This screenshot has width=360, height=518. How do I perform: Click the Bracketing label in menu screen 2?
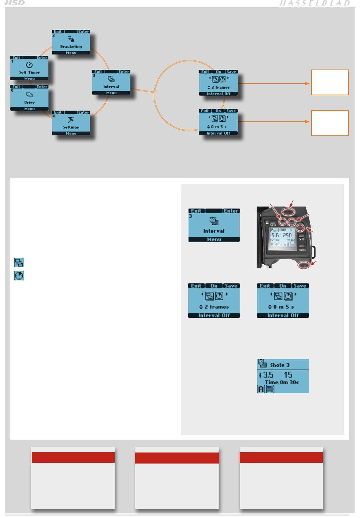pyautogui.click(x=71, y=47)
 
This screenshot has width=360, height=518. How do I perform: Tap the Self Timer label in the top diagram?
pyautogui.click(x=29, y=73)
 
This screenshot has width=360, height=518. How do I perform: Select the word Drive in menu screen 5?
pyautogui.click(x=29, y=103)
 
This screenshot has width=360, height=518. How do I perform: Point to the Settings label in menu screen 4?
pyautogui.click(x=71, y=127)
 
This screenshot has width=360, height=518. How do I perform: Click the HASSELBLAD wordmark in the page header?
pyautogui.click(x=315, y=3)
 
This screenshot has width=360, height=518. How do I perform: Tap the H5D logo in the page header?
pyautogui.click(x=15, y=3)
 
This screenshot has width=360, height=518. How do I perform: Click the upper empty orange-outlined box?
pyautogui.click(x=330, y=83)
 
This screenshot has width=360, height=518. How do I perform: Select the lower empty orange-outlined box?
pyautogui.click(x=330, y=123)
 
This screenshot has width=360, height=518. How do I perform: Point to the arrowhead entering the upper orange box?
pyautogui.click(x=308, y=83)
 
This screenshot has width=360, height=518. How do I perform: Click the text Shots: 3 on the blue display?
pyautogui.click(x=279, y=365)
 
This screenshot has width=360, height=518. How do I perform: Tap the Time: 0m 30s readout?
pyautogui.click(x=282, y=382)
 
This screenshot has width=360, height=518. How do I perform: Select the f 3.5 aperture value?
pyautogui.click(x=266, y=375)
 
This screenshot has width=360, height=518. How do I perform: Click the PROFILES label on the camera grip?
pyautogui.click(x=303, y=250)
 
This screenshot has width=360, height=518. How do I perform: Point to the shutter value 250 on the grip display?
pyautogui.click(x=287, y=235)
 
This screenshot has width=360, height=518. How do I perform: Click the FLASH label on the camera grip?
pyautogui.click(x=273, y=225)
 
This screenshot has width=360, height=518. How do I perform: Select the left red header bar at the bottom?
pyautogui.click(x=73, y=458)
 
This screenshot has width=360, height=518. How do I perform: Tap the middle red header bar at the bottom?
pyautogui.click(x=177, y=458)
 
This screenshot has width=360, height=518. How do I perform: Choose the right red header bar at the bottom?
pyautogui.click(x=281, y=458)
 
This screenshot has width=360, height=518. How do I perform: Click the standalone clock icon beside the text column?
pyautogui.click(x=19, y=276)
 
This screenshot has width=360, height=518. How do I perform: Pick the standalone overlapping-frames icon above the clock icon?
pyautogui.click(x=19, y=262)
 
